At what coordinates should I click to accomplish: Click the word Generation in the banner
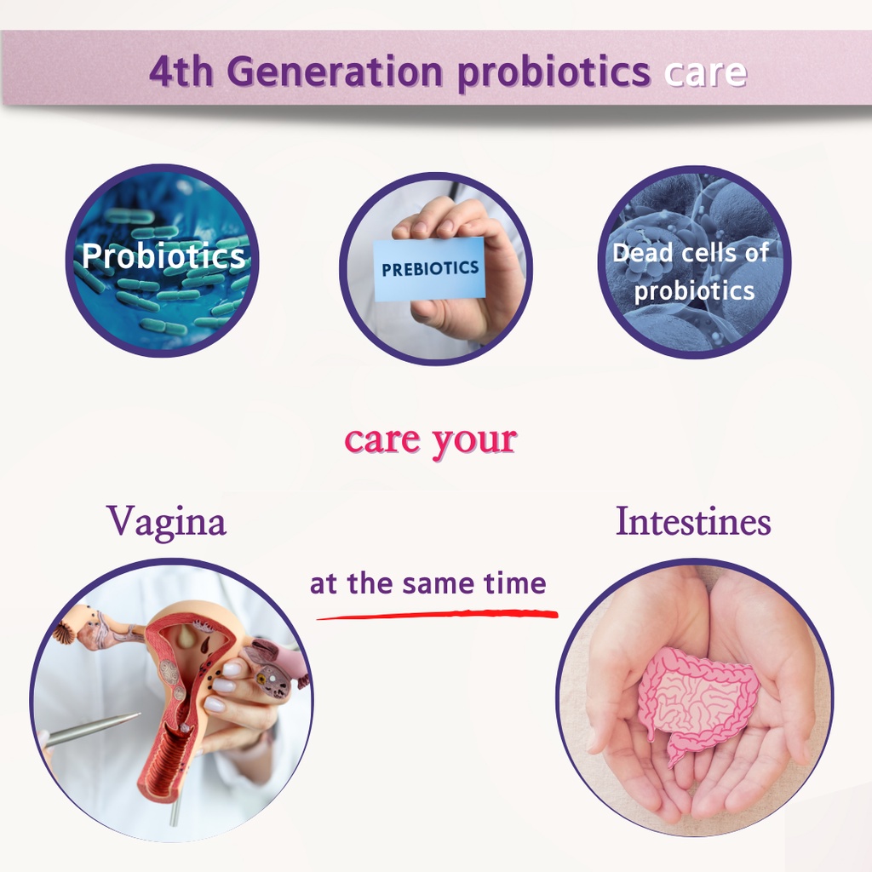335,72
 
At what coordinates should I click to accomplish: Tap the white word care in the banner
705,73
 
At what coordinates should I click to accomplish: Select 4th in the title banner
181,72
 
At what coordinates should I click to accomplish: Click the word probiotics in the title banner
554,73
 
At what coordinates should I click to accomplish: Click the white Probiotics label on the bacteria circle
163,255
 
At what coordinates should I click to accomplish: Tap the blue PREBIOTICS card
429,269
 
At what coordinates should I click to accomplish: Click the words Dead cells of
690,253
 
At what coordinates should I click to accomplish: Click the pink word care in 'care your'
382,440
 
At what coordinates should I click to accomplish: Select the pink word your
474,443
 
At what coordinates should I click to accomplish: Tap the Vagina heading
166,522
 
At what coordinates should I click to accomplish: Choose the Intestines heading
693,522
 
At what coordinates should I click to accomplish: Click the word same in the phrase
439,584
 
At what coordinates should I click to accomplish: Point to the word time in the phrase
515,583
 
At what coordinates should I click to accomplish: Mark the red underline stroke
437,614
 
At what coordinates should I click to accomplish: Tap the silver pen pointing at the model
91,730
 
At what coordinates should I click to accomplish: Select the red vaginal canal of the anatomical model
167,756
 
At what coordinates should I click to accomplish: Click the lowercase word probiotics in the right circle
694,291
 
